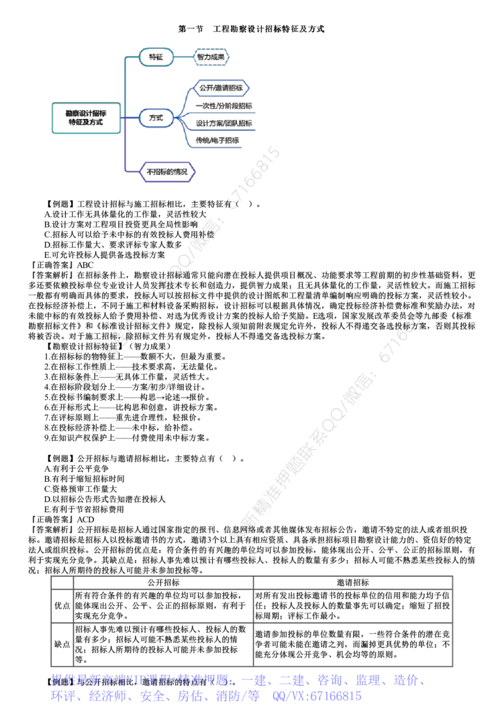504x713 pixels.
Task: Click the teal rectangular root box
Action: pyautogui.click(x=86, y=118)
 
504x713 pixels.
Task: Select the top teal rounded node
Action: pyautogui.click(x=155, y=57)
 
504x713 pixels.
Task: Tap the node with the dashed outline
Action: pyautogui.click(x=210, y=57)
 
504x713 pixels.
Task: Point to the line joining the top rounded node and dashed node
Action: pyautogui.click(x=183, y=57)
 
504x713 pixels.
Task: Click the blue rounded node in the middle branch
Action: pyautogui.click(x=155, y=118)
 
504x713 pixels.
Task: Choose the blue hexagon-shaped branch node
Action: pyautogui.click(x=220, y=88)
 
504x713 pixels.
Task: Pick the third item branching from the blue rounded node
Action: pyautogui.click(x=223, y=123)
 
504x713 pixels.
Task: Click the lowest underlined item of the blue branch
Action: pyautogui.click(x=217, y=141)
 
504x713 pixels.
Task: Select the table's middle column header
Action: pyautogui.click(x=164, y=582)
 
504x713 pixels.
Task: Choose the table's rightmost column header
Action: pyautogui.click(x=353, y=582)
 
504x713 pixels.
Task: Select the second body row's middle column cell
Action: pyautogui.click(x=164, y=644)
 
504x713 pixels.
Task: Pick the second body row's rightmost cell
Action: pyautogui.click(x=353, y=644)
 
